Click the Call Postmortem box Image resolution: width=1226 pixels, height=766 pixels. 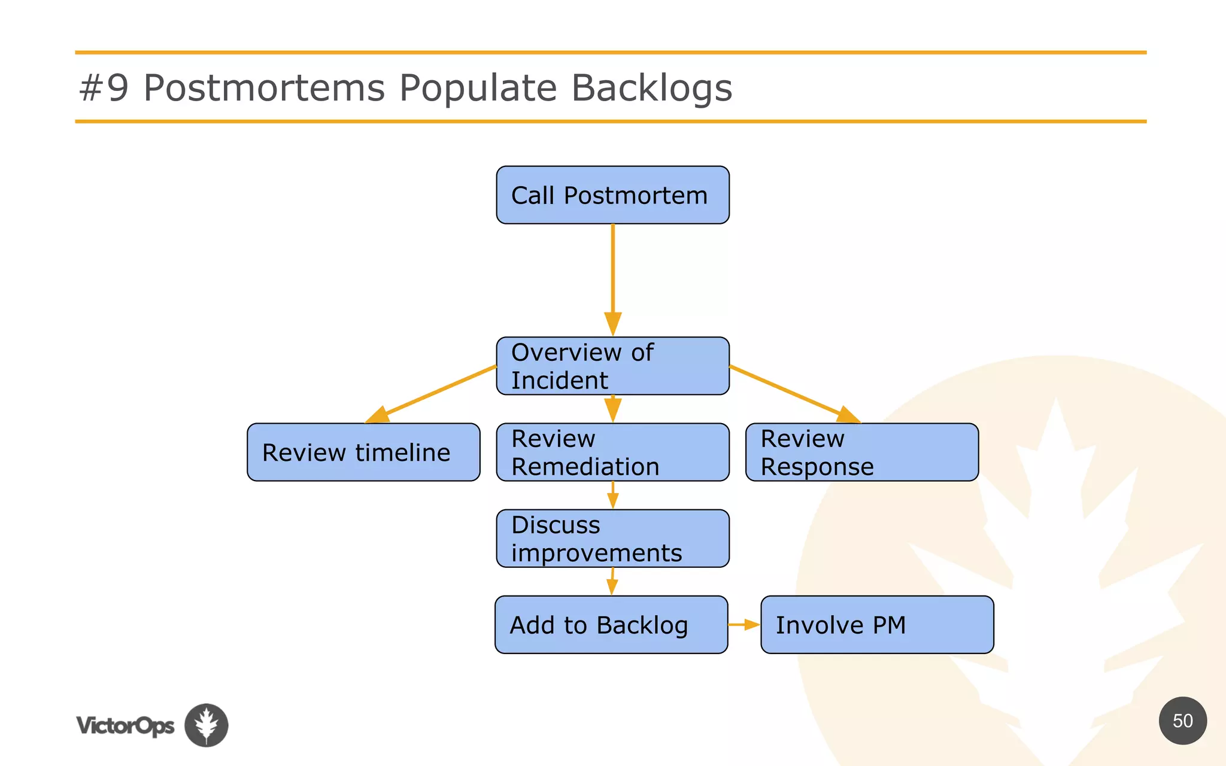point(612,195)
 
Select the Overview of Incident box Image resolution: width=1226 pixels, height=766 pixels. point(612,366)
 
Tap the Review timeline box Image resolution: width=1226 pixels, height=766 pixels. point(363,452)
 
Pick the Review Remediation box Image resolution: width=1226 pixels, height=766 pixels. point(612,452)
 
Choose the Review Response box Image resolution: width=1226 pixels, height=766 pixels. point(861,452)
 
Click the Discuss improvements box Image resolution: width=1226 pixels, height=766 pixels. point(612,538)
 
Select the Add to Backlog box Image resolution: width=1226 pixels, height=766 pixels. point(611,624)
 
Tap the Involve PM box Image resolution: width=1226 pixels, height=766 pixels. point(877,624)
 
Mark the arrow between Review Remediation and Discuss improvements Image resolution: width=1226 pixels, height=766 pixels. point(612,495)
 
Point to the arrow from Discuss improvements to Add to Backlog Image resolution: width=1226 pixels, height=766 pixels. point(612,581)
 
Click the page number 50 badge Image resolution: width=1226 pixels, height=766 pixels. point(1182,721)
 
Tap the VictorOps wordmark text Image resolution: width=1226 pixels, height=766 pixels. point(125,725)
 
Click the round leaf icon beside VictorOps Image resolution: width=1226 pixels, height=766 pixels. point(206,725)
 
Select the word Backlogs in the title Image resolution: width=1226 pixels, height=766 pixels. point(651,88)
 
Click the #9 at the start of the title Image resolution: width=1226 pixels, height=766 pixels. point(104,88)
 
